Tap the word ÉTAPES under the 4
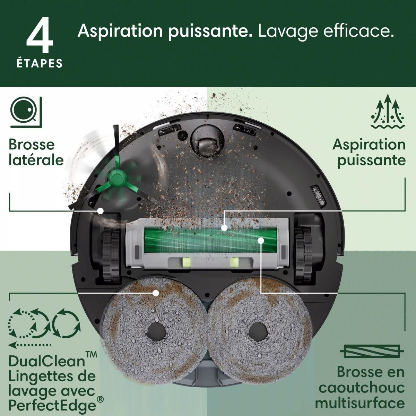tap(40, 63)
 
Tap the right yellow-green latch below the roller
tap(234, 262)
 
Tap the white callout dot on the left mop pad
tap(156, 293)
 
